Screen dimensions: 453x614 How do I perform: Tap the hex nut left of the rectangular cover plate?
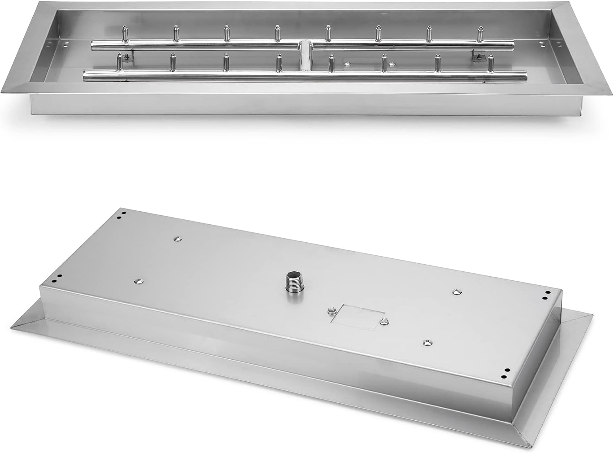pyautogui.click(x=331, y=312)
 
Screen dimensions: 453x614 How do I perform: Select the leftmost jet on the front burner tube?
pyautogui.click(x=119, y=62)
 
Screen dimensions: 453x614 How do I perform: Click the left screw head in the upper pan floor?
pyautogui.click(x=348, y=63)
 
